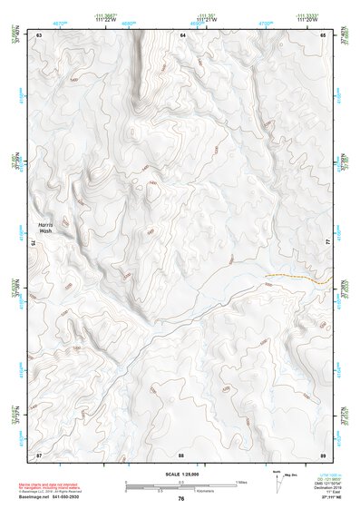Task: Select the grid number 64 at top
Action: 182,34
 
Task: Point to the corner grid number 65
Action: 323,34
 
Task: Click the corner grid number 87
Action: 39,453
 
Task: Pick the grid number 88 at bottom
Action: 181,453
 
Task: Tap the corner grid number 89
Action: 323,453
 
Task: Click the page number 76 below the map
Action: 181,498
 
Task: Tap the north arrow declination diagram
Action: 277,482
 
